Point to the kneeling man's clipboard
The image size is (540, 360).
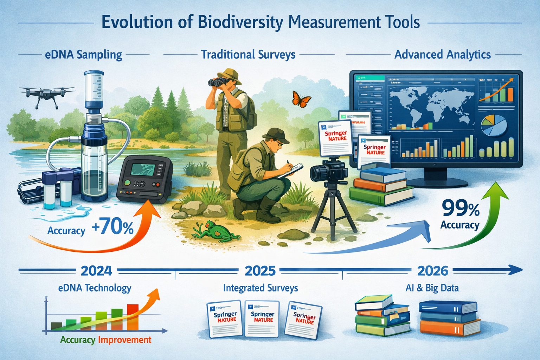(292, 169)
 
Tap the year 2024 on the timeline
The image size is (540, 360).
(96, 271)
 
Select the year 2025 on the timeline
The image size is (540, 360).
(260, 271)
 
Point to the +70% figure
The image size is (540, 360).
(112, 229)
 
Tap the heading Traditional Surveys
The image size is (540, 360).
(248, 55)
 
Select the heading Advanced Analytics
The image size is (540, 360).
(442, 55)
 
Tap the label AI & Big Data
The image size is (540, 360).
(432, 288)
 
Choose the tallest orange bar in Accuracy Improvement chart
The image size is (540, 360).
(133, 317)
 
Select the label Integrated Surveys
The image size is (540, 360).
(261, 288)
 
